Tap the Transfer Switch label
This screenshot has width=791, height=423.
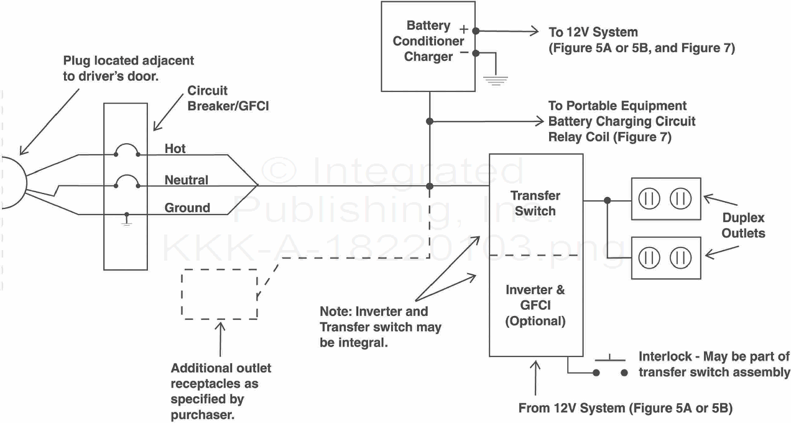point(535,203)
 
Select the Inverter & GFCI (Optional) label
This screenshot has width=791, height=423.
point(535,305)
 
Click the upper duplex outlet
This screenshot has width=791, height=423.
point(666,199)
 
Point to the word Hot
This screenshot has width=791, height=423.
point(175,149)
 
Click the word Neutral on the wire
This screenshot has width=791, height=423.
point(186,180)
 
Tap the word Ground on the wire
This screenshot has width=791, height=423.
point(187,208)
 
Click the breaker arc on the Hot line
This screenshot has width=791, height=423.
point(127,149)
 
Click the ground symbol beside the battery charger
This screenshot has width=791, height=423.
point(496,78)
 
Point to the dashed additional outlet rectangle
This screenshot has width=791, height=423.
point(220,294)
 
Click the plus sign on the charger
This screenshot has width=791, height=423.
point(463,28)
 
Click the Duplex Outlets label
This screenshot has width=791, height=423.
point(743,225)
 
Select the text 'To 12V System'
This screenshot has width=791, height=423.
point(593,32)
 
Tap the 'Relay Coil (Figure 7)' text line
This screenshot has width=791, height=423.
point(609,137)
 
